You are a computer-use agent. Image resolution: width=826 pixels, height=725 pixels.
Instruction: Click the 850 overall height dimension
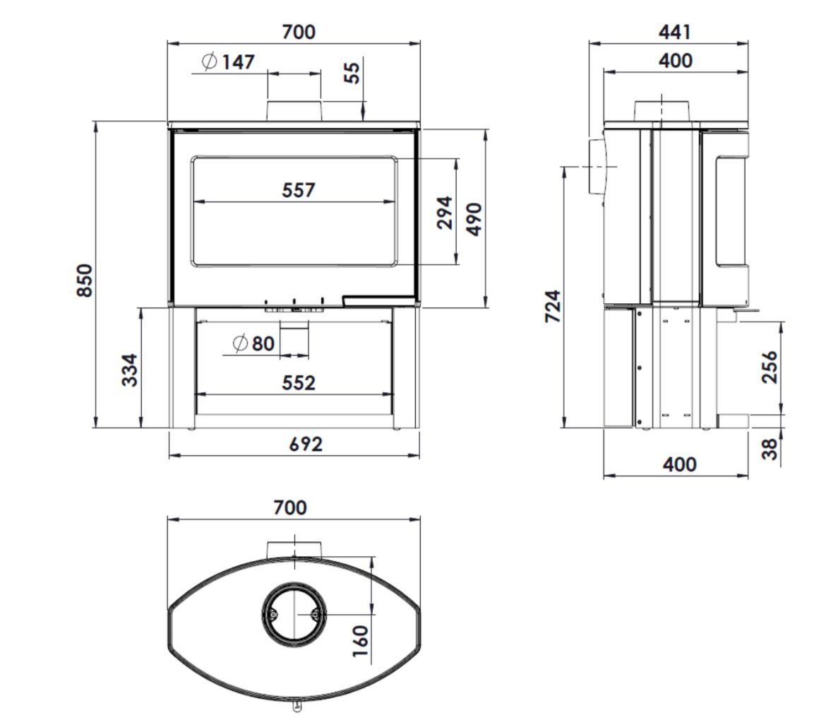pyautogui.click(x=85, y=281)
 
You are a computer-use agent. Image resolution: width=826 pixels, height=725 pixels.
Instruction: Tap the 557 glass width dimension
pyautogui.click(x=298, y=190)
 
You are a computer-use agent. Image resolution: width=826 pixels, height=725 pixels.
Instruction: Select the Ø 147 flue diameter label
pyautogui.click(x=228, y=61)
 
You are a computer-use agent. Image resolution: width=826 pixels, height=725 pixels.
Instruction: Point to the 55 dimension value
pyautogui.click(x=352, y=73)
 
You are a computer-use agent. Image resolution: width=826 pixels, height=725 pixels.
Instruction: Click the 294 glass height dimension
pyautogui.click(x=445, y=213)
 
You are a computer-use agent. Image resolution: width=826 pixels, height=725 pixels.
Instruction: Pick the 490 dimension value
pyautogui.click(x=474, y=219)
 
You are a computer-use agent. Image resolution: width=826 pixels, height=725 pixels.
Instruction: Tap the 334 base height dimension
pyautogui.click(x=130, y=370)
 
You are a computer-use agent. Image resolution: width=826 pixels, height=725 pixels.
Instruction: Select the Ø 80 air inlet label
pyautogui.click(x=253, y=344)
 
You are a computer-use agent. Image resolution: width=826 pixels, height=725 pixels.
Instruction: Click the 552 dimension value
pyautogui.click(x=298, y=383)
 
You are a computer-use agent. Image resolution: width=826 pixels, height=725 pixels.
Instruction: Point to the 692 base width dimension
pyautogui.click(x=306, y=444)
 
